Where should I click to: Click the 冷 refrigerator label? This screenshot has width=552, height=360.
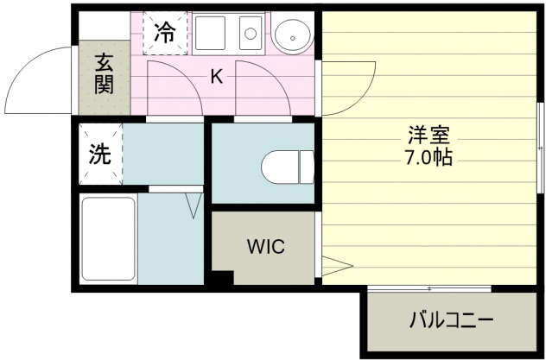(x=165, y=33)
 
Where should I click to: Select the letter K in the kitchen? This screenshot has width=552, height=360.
(x=217, y=76)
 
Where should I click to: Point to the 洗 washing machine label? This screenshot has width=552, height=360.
(x=99, y=155)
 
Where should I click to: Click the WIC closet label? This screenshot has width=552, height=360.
(x=266, y=246)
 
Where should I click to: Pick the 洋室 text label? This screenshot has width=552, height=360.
(x=429, y=135)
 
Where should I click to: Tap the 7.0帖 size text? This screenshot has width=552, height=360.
(x=429, y=157)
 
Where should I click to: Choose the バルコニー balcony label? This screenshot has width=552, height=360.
(x=451, y=320)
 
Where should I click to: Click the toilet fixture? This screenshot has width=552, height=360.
(x=288, y=167)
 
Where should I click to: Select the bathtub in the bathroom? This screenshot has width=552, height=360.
(x=109, y=238)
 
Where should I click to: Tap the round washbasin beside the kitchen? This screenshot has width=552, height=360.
(x=293, y=35)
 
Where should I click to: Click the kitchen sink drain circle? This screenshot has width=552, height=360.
(x=251, y=34)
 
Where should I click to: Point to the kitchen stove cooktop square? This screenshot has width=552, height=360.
(x=210, y=33)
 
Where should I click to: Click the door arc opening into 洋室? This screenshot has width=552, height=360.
(x=363, y=99)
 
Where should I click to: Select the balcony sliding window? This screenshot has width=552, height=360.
(x=429, y=289)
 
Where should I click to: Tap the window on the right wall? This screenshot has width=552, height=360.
(x=541, y=148)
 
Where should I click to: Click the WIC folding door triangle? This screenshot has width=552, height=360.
(x=337, y=267)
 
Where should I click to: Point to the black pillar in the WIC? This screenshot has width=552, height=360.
(x=223, y=277)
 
